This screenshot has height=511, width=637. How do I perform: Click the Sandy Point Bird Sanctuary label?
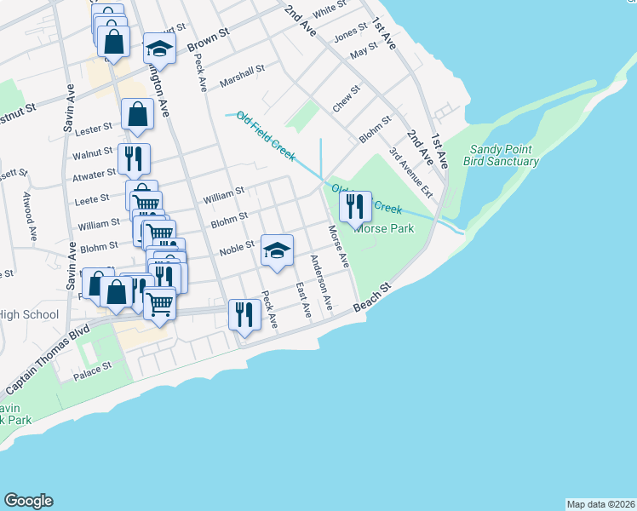tap(503, 155)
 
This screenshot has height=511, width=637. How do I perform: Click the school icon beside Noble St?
tap(277, 250)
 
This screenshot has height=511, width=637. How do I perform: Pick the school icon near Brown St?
tap(158, 49)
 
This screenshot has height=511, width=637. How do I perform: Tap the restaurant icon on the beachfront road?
tap(244, 314)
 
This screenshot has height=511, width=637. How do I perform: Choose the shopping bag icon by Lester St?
tap(137, 114)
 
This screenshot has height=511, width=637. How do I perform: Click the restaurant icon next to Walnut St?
tap(134, 158)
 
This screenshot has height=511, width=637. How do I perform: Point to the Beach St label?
tap(371, 297)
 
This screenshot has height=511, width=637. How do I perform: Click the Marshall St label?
tap(243, 77)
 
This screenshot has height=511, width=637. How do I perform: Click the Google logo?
tap(29, 501)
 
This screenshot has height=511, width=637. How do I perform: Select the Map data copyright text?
tap(600, 504)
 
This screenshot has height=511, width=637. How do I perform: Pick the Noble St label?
tap(238, 246)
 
